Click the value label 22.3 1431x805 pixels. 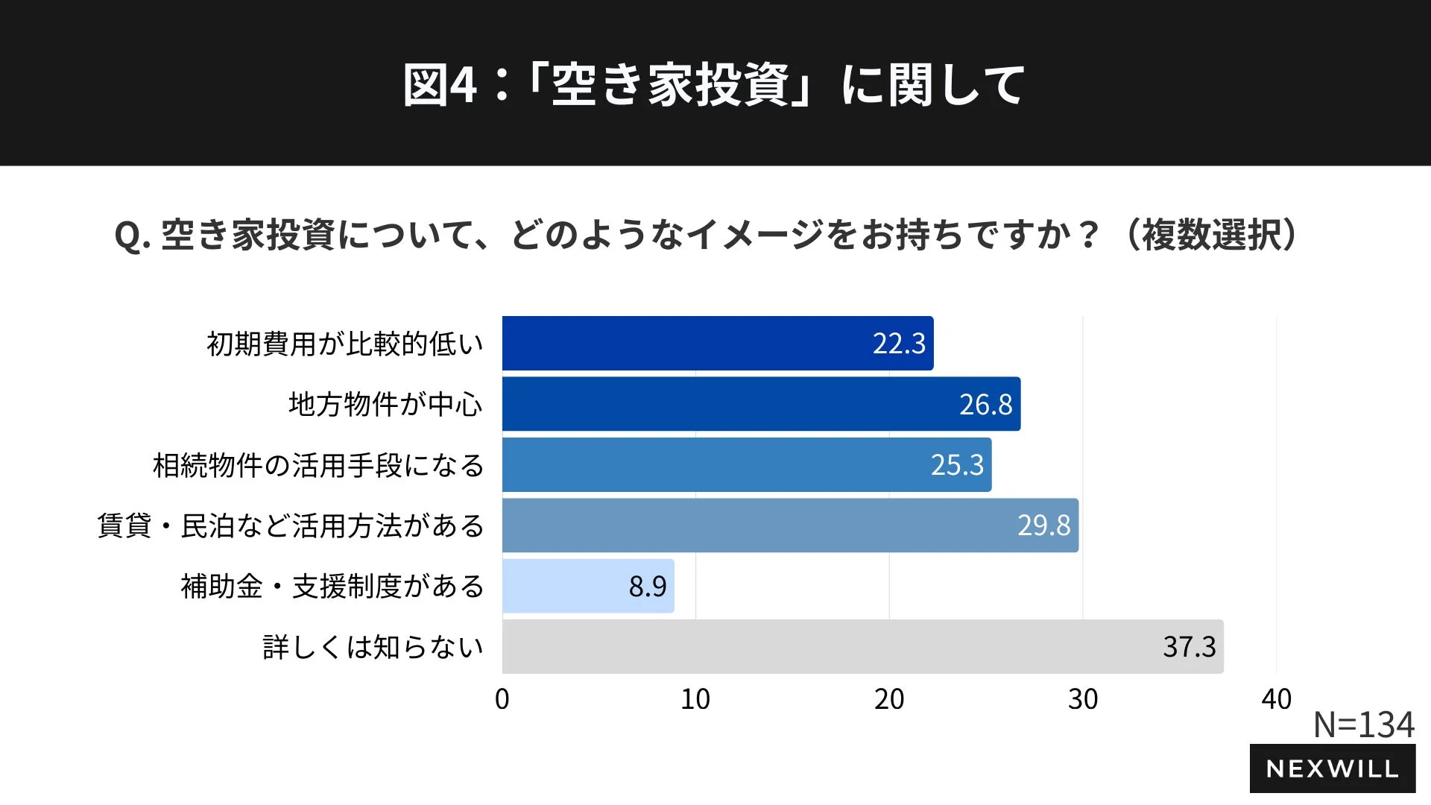(x=899, y=344)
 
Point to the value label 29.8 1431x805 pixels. (x=1043, y=525)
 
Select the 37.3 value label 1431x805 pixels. (x=1189, y=646)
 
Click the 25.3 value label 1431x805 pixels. (x=957, y=465)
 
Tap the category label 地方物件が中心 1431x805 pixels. (x=385, y=404)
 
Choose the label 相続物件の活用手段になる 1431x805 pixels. (x=318, y=465)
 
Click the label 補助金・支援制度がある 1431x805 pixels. (x=332, y=586)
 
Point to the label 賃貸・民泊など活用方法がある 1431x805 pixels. (x=291, y=525)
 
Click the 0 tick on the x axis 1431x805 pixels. (x=502, y=699)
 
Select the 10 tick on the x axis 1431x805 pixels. (x=695, y=699)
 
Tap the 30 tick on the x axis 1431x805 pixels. (x=1082, y=699)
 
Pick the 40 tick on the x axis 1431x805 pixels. (x=1276, y=699)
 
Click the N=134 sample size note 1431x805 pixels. (x=1363, y=724)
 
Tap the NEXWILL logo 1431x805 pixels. (x=1332, y=768)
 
